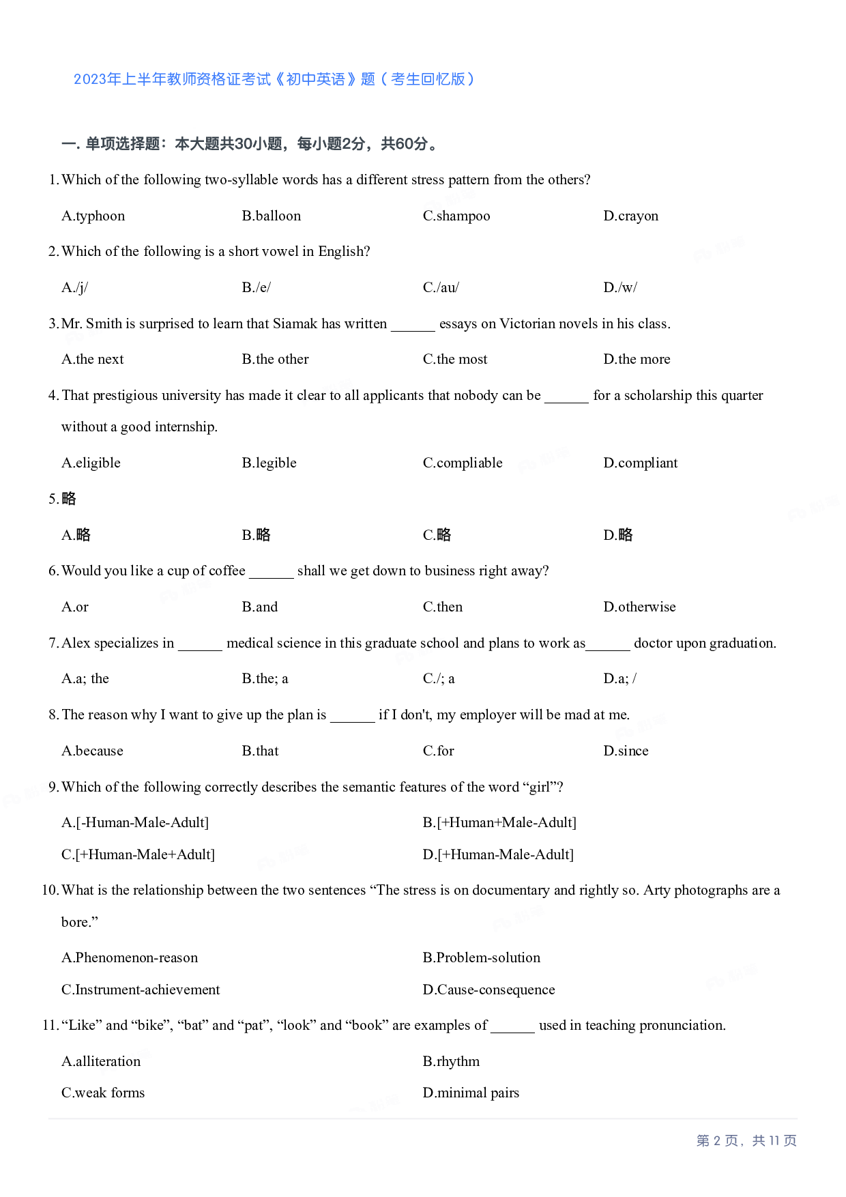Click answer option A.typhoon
[x=93, y=216]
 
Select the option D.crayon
[x=630, y=216]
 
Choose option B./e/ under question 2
[x=256, y=287]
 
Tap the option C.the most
[x=455, y=359]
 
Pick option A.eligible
[x=91, y=463]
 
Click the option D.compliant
[x=640, y=463]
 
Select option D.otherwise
[x=639, y=607]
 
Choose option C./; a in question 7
[x=439, y=678]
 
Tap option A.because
[x=92, y=751]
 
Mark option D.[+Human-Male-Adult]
[x=498, y=854]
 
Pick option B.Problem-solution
[x=481, y=957]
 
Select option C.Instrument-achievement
[x=141, y=990]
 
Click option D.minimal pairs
[x=471, y=1093]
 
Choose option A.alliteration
[x=101, y=1061]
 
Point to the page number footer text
[x=746, y=1140]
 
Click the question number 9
[x=53, y=787]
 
